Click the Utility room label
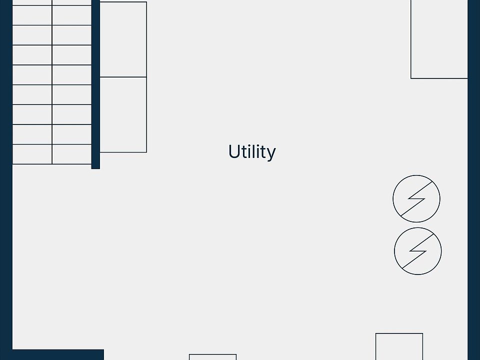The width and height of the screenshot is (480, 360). click(x=251, y=151)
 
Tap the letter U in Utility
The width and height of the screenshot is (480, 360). click(x=233, y=151)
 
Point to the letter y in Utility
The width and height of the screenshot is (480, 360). click(x=271, y=154)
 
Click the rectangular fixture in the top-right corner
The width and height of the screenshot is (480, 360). click(x=439, y=39)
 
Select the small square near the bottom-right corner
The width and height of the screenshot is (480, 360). click(x=399, y=346)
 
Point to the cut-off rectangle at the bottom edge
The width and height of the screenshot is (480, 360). click(x=212, y=357)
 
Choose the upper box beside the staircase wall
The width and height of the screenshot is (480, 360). click(x=123, y=39)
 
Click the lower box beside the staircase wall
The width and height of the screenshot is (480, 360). click(x=123, y=114)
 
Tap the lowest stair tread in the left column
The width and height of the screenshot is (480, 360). click(x=32, y=154)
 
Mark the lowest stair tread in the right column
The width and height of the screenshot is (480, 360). click(x=71, y=154)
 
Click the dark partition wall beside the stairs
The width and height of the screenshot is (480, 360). click(x=95, y=85)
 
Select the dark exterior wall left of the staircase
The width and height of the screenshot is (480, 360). click(x=5, y=150)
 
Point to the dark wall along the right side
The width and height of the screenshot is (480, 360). click(x=473, y=200)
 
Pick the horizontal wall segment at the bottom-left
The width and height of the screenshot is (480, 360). click(x=55, y=354)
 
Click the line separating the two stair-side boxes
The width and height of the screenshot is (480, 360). click(x=123, y=77)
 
